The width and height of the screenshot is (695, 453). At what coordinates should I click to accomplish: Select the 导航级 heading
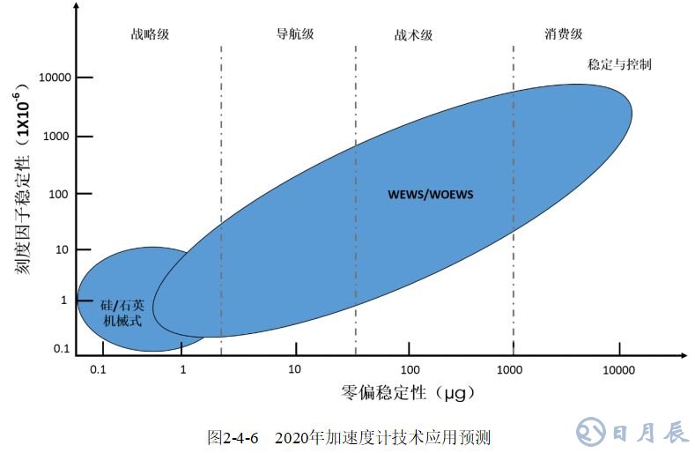tap(294, 35)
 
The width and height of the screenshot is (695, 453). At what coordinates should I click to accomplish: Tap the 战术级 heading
tap(413, 36)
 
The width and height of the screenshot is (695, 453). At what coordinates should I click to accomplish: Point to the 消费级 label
tap(564, 35)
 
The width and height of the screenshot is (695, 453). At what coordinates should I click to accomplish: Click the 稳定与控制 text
tap(619, 65)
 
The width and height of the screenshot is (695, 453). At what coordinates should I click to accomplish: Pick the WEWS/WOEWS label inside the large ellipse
tap(431, 194)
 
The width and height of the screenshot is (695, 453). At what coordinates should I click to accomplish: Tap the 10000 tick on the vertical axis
tap(55, 78)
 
